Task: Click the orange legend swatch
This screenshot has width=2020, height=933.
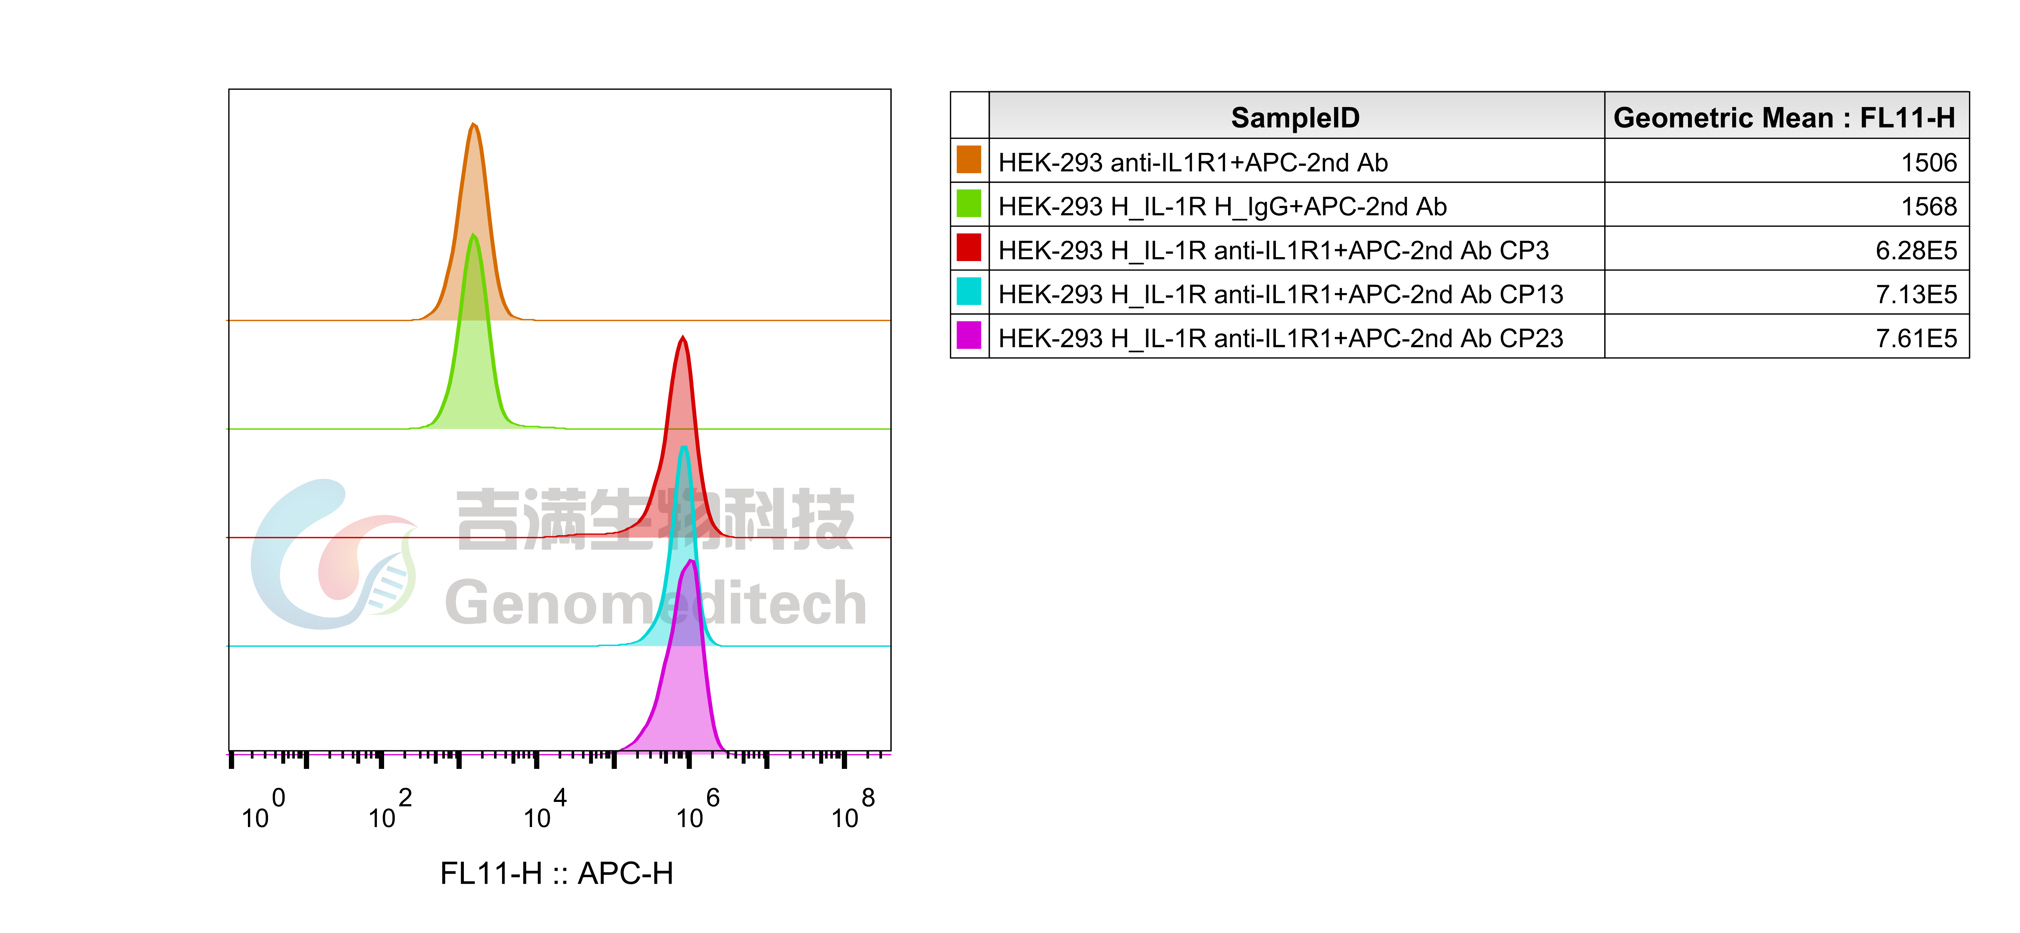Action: [968, 159]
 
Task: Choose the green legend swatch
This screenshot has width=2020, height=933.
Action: [968, 203]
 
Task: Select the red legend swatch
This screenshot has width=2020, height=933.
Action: [968, 247]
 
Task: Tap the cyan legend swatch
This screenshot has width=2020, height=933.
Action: [968, 291]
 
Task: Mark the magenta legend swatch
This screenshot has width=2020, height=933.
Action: [968, 335]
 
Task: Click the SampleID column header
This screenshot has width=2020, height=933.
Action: [1295, 117]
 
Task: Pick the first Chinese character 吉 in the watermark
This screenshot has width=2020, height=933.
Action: [488, 519]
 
